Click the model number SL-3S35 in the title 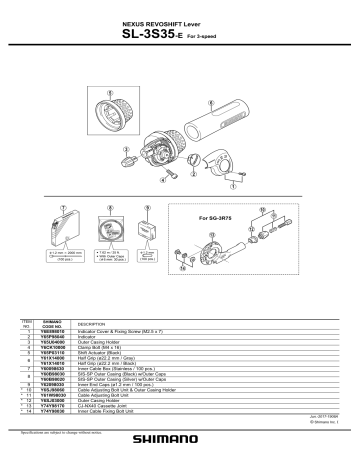[149, 36]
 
